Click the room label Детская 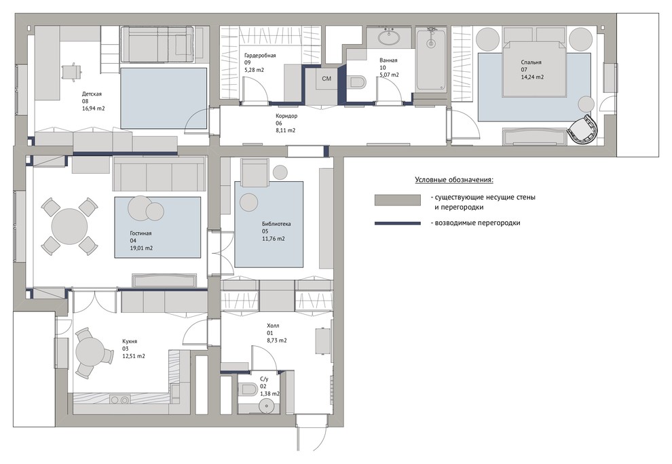pyautogui.click(x=92, y=94)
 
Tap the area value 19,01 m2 pyautogui.click(x=141, y=248)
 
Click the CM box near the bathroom pyautogui.click(x=326, y=79)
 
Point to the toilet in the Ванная pyautogui.click(x=358, y=82)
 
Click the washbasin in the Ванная pyautogui.click(x=390, y=37)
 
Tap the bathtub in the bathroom pyautogui.click(x=431, y=59)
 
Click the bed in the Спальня pyautogui.click(x=532, y=69)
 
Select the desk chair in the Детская pyautogui.click(x=71, y=71)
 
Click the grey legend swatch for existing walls pyautogui.click(x=397, y=200)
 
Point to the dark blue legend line pyautogui.click(x=397, y=223)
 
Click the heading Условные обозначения pyautogui.click(x=454, y=180)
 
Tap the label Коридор pyautogui.click(x=286, y=116)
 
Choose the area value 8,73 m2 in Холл pyautogui.click(x=277, y=341)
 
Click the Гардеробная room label pyautogui.click(x=260, y=55)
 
